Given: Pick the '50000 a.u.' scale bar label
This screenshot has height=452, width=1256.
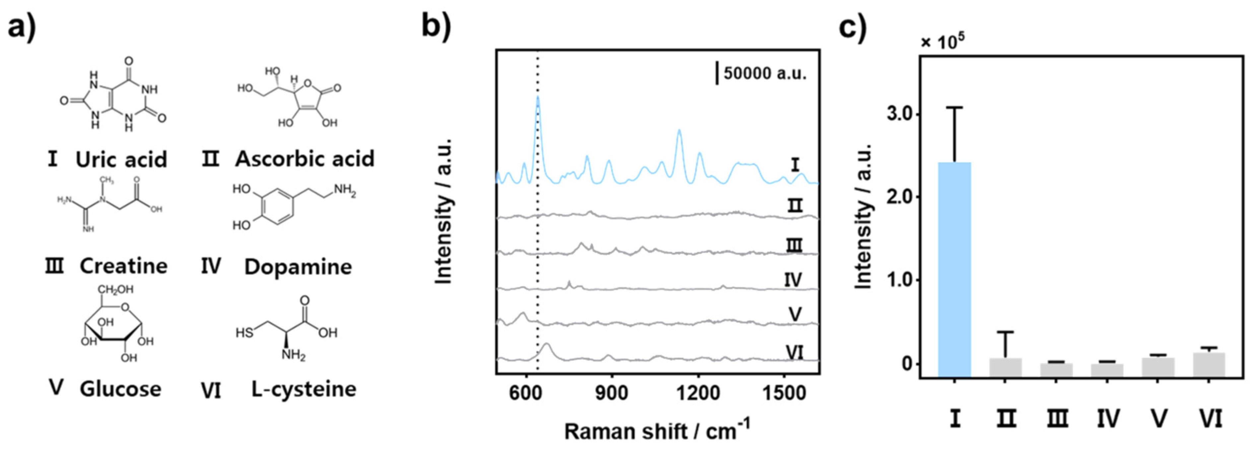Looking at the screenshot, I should (x=764, y=74).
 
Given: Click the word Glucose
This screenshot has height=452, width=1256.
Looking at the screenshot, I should (x=120, y=389).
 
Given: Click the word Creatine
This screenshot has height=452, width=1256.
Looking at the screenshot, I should (x=123, y=266).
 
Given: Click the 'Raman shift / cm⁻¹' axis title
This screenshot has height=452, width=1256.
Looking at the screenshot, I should (x=657, y=430).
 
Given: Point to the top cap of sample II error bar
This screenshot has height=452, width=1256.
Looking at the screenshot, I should (x=1005, y=332).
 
